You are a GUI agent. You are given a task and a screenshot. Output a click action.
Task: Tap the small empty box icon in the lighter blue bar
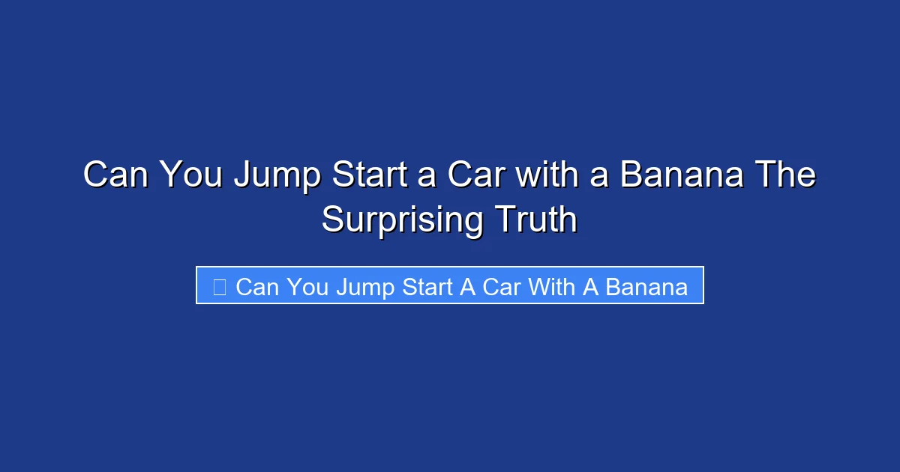[219, 286]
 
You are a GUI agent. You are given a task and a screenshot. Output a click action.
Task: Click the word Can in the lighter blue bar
[257, 287]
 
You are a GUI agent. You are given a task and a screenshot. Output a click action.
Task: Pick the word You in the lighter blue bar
[308, 287]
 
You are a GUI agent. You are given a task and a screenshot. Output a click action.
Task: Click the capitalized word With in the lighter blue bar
[553, 287]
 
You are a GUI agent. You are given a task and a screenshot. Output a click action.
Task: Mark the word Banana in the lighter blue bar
[646, 287]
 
